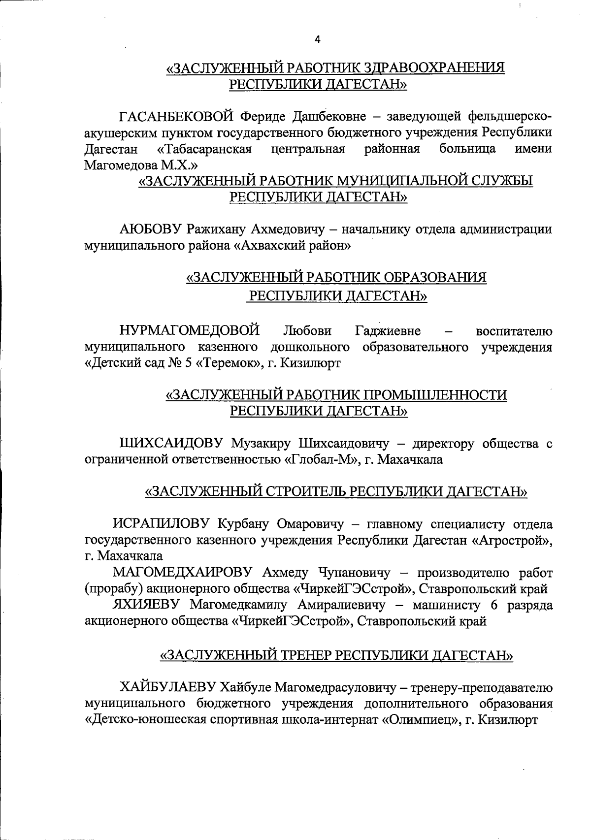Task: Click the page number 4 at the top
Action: click(317, 40)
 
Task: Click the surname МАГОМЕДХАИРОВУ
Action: click(183, 573)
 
